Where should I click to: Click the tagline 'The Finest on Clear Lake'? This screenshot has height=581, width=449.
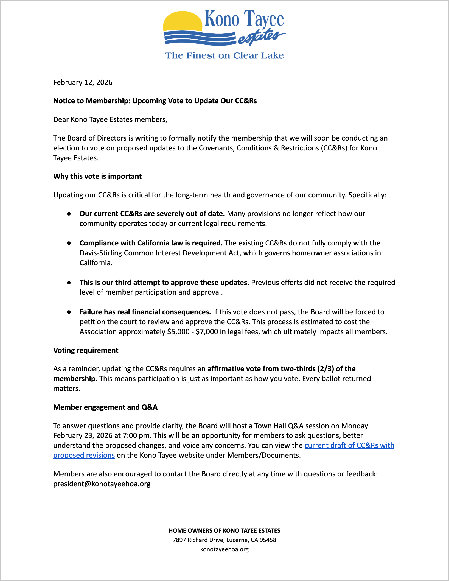pos(224,55)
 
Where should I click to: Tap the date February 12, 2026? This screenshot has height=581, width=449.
pos(83,82)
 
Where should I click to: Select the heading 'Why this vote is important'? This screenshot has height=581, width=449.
pos(97,176)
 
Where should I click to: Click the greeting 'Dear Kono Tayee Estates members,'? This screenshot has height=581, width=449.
pos(110,119)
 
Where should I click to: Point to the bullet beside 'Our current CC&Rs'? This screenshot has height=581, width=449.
pos(69,214)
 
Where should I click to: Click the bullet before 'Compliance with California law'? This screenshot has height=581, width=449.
pos(69,243)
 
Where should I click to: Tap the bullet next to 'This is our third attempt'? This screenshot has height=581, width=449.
pos(69,283)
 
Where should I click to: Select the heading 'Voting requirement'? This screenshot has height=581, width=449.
pos(86,350)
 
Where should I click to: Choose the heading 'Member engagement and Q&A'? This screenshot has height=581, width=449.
pos(105,407)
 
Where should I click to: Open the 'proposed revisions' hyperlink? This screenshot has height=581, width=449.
pos(84,455)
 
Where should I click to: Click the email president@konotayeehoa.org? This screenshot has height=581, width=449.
pos(102,484)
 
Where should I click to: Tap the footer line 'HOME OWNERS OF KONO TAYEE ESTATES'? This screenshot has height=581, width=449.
pos(224,530)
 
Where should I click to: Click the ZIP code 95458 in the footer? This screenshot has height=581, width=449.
pos(268,540)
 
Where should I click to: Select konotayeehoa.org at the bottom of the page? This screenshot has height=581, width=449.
pos(224,549)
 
